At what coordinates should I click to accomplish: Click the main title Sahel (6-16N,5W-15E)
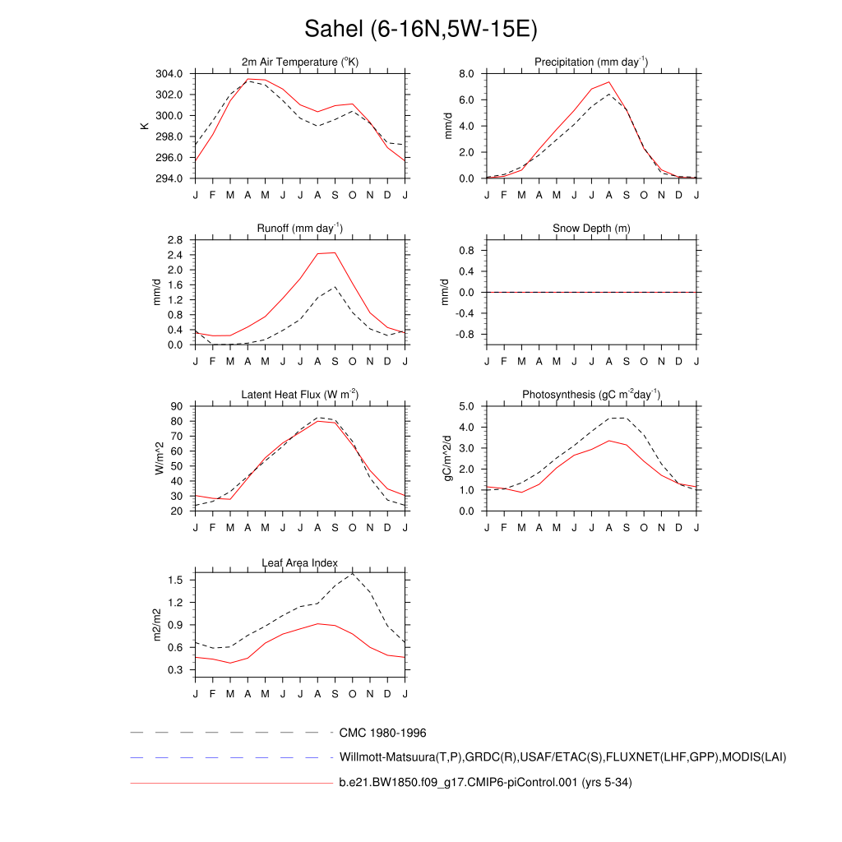[x=420, y=30]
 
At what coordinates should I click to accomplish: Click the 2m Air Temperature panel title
[x=300, y=62]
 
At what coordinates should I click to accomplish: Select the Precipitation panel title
[x=590, y=62]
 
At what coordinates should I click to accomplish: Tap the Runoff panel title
[x=300, y=228]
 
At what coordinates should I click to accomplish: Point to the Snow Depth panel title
[x=591, y=228]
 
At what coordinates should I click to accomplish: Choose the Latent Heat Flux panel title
[x=300, y=395]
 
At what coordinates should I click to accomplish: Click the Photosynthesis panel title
[x=591, y=395]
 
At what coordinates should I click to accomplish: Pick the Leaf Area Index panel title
[x=300, y=563]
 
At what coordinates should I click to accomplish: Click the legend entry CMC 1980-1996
[x=382, y=733]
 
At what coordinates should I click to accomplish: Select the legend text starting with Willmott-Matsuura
[x=562, y=756]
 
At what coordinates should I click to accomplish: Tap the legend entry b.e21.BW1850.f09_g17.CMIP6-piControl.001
[x=485, y=782]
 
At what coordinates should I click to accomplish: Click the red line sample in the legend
[x=230, y=783]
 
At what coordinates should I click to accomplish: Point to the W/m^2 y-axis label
[x=159, y=458]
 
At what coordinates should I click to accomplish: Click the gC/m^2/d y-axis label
[x=450, y=458]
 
